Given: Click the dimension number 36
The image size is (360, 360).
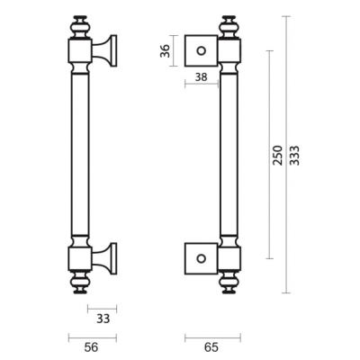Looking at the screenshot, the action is click(x=165, y=51).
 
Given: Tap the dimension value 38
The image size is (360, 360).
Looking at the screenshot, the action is click(x=201, y=77).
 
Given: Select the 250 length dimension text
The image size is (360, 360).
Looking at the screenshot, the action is click(x=278, y=155).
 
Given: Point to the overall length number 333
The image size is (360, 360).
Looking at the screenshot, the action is click(x=295, y=156).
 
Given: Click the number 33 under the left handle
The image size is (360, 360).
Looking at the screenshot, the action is click(x=103, y=319).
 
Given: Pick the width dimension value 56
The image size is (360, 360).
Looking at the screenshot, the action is click(x=91, y=347).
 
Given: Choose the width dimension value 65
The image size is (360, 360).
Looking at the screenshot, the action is click(x=211, y=347).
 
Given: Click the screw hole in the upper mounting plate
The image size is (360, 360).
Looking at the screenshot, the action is click(x=201, y=50).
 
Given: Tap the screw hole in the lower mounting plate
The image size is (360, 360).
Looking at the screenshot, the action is click(x=201, y=258).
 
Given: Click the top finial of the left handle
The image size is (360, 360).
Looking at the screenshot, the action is click(x=80, y=26).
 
